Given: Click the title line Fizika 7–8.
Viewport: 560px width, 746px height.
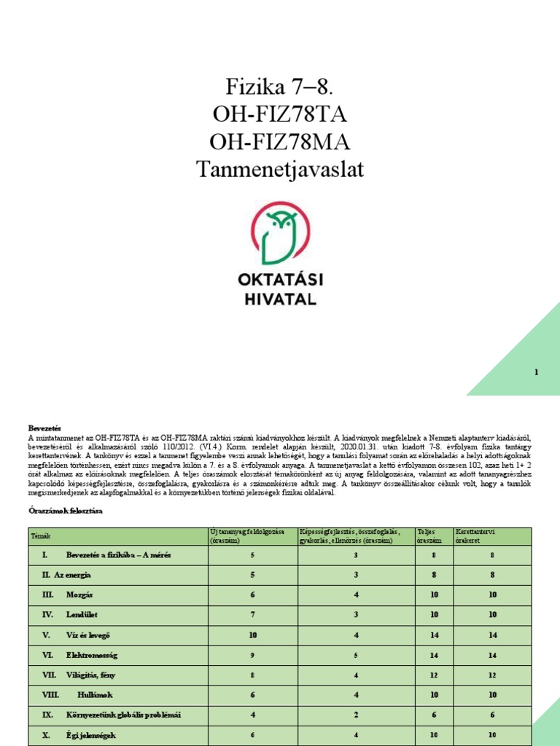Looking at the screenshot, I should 280,90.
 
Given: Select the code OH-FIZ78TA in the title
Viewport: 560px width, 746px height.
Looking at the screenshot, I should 280,116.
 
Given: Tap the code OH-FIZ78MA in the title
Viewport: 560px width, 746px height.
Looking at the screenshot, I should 280,143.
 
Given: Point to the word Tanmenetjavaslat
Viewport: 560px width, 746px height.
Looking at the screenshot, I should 280,170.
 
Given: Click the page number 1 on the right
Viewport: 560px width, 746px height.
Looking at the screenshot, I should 536,372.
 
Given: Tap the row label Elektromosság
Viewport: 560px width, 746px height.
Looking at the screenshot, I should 91,655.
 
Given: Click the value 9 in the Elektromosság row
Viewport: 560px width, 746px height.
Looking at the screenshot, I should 252,655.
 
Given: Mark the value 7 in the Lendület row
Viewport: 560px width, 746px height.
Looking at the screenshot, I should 252,615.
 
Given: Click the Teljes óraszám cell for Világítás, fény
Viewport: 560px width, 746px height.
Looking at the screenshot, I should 433,675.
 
